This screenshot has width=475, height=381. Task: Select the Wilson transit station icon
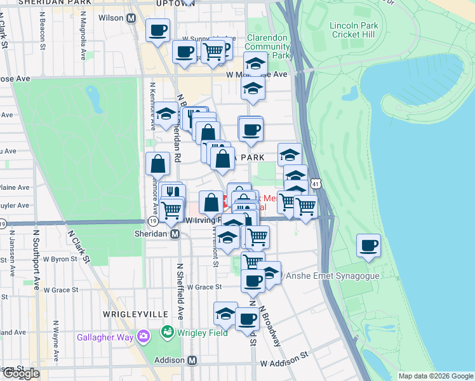pos(131,18)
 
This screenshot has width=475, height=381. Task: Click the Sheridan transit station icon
pos(174,234)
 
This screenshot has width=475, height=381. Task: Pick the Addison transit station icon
pos(192,360)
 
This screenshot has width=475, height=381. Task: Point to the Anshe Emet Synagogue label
pos(332,276)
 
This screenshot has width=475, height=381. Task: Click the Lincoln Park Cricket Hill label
pos(354,30)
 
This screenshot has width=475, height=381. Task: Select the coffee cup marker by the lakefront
pos(368,246)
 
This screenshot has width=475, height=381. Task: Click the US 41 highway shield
pos(316,184)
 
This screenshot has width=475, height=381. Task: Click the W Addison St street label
pos(284,363)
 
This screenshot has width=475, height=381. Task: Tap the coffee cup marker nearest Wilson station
pos(157,29)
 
